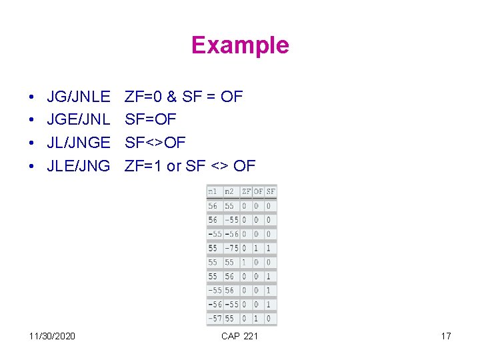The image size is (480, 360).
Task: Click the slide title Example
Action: (240, 45)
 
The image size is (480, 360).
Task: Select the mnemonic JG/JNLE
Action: (79, 97)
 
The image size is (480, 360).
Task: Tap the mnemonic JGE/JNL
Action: (78, 120)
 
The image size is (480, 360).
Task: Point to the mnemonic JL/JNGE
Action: (79, 143)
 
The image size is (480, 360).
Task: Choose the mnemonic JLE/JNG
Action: (78, 165)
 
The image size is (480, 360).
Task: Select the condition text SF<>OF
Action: (155, 143)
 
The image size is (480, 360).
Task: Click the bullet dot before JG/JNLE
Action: (33, 97)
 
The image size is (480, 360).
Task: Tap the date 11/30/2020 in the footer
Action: (53, 335)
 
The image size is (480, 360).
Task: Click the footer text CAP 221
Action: (239, 335)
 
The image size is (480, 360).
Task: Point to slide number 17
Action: (446, 335)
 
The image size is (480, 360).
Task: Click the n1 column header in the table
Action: (212, 191)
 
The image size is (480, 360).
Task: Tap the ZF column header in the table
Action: (246, 191)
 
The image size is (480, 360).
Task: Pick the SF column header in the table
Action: (270, 191)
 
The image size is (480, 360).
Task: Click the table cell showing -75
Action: (231, 248)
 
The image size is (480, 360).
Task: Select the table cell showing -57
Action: (214, 319)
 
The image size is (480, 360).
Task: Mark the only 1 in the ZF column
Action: (244, 262)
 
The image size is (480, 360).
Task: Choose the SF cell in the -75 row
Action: (269, 248)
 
